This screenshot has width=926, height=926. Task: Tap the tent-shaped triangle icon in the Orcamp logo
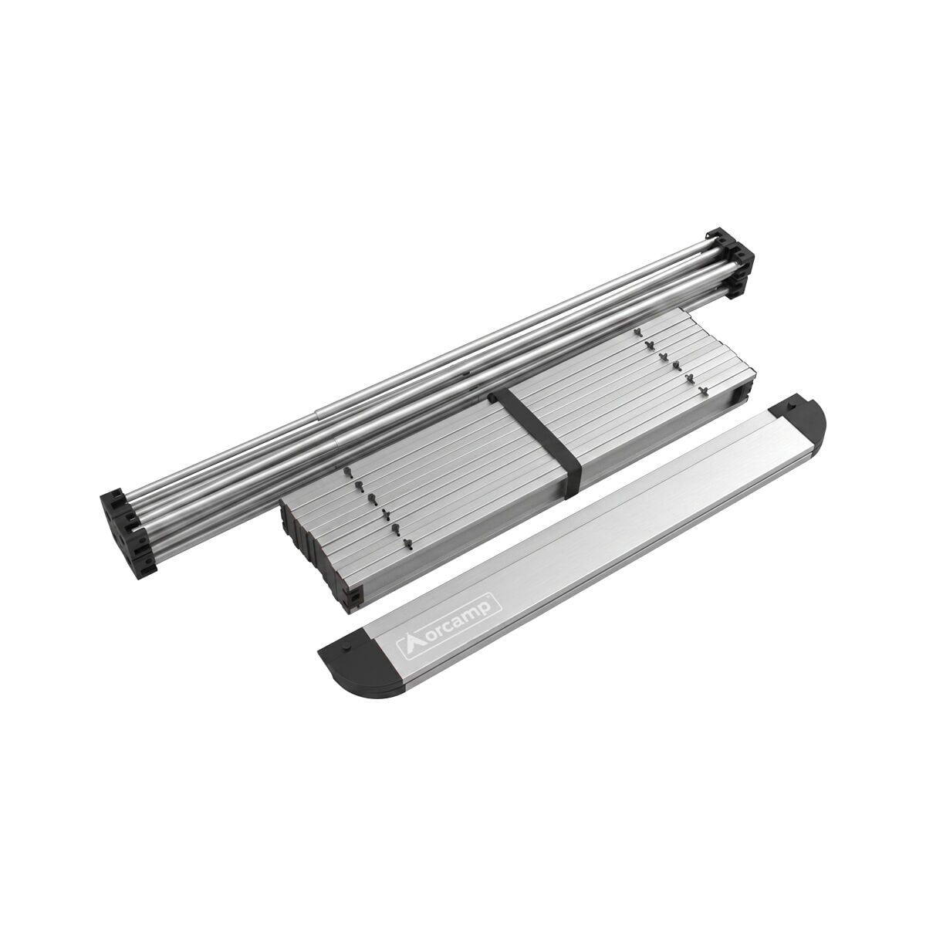pos(407,645)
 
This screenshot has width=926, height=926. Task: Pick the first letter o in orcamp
pos(424,636)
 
